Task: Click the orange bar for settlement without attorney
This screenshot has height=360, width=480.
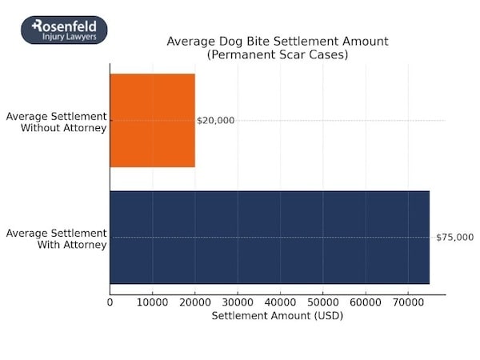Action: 152,120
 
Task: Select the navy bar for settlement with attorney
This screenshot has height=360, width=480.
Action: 269,238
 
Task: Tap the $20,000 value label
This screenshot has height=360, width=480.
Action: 216,121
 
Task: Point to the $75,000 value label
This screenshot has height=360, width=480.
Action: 454,238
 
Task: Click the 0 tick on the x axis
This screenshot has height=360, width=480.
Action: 110,303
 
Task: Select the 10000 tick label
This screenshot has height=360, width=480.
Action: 152,303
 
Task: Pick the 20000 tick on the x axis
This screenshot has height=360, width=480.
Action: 194,303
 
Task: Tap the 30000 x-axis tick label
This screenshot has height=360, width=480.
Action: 238,303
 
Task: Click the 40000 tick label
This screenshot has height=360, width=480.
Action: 280,303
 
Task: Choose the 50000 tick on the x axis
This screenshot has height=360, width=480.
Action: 322,303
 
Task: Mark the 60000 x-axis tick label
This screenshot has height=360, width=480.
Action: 365,303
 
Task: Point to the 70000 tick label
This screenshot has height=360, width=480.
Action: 408,303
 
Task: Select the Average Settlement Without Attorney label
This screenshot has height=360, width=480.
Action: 56,122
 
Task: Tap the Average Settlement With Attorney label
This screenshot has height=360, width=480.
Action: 56,238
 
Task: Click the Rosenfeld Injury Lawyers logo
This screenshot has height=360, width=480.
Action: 64,30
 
